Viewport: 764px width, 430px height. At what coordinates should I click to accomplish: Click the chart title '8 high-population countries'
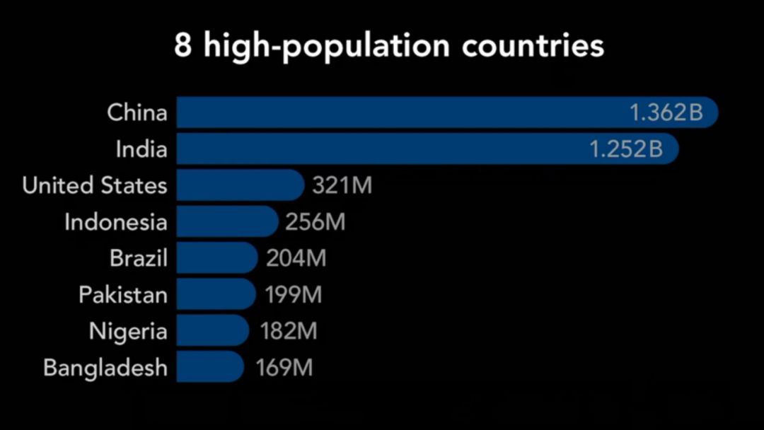point(388,47)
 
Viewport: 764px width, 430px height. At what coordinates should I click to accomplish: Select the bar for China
point(396,112)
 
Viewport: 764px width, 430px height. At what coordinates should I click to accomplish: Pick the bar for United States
point(239,185)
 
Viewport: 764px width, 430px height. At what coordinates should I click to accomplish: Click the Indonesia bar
point(226,222)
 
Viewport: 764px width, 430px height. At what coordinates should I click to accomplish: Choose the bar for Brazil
point(216,258)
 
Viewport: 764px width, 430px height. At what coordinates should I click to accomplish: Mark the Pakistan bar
point(215,294)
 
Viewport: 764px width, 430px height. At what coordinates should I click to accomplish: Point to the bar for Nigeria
point(212,331)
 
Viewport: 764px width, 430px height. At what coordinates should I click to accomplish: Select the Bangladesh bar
point(209,367)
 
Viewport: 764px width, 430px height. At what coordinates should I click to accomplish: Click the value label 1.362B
point(666,112)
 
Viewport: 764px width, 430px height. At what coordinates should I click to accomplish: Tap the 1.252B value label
point(627,149)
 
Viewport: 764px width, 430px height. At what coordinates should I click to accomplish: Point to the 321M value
point(342,186)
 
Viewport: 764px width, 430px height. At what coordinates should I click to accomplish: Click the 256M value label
point(316,222)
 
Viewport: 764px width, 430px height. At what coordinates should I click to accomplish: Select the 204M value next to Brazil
point(296,258)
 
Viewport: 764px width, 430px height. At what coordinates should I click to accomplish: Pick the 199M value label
point(294,294)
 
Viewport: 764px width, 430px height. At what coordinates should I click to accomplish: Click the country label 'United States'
point(95,185)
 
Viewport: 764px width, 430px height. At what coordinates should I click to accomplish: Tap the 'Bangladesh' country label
point(105,368)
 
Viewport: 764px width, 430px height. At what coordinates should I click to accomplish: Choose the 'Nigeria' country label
point(128,331)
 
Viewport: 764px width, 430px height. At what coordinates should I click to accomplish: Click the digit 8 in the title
point(183,47)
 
